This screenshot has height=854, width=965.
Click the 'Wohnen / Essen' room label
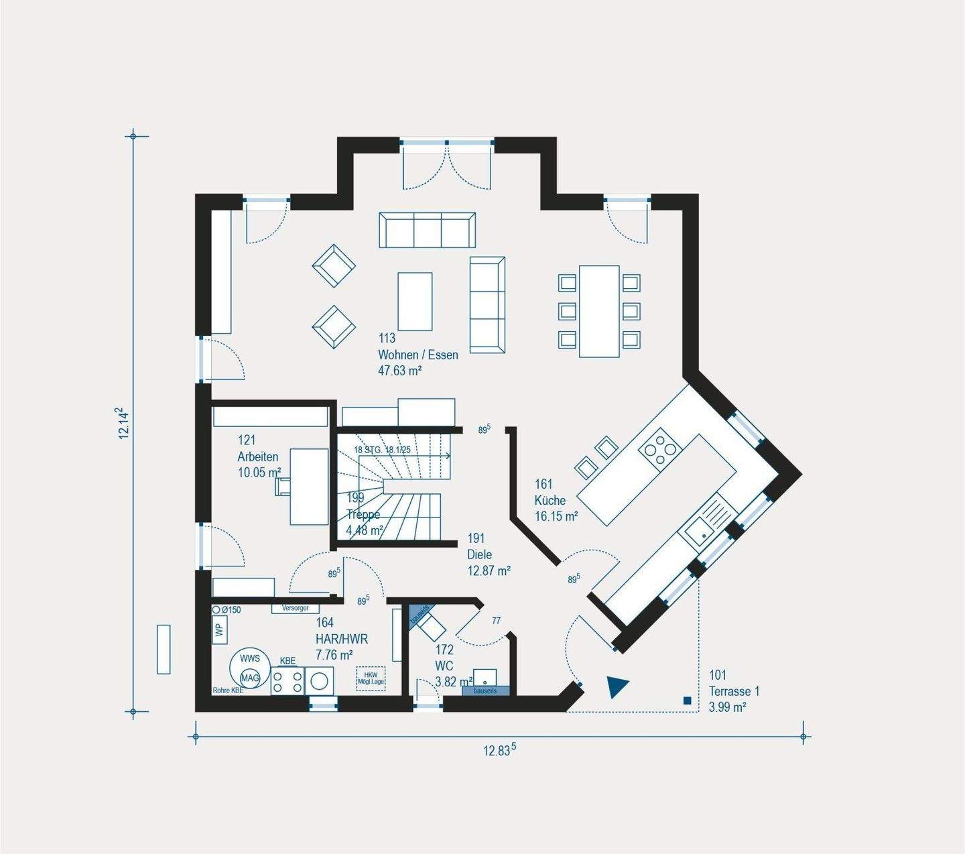pyautogui.click(x=418, y=355)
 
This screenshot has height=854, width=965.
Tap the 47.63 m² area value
pyautogui.click(x=399, y=370)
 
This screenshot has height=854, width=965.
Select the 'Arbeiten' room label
pyautogui.click(x=257, y=456)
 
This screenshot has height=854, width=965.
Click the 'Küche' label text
pyautogui.click(x=550, y=500)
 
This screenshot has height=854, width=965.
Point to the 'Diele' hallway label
pyautogui.click(x=479, y=554)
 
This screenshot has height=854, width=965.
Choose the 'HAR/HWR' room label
pyautogui.click(x=341, y=639)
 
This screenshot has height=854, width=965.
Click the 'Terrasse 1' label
pyautogui.click(x=734, y=691)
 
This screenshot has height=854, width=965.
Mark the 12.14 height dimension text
pyautogui.click(x=123, y=423)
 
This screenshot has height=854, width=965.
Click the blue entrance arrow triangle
pyautogui.click(x=617, y=686)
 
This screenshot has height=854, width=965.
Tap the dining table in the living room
pyautogui.click(x=599, y=311)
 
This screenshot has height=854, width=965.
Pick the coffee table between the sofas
pyautogui.click(x=415, y=301)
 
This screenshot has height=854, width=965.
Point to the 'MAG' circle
pyautogui.click(x=250, y=678)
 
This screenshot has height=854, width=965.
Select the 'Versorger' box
pyautogui.click(x=295, y=608)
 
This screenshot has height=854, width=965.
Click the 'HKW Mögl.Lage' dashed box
pyautogui.click(x=371, y=678)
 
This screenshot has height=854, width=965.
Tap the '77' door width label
pyautogui.click(x=496, y=621)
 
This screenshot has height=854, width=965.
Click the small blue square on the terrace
pyautogui.click(x=687, y=700)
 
